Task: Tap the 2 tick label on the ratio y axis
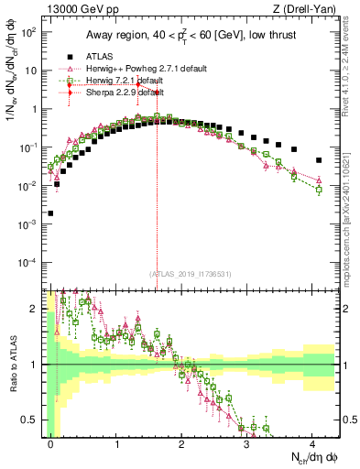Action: coord(35,309)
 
